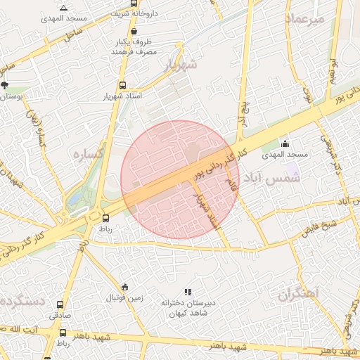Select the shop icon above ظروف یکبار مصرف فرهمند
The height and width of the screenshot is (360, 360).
pos(134,31)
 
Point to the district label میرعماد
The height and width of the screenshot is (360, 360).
pos(304,20)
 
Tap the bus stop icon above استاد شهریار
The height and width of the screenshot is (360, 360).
pos(122,85)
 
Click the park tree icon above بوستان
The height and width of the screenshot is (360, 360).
pos(5,85)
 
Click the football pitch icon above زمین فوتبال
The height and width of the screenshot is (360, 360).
pos(124,287)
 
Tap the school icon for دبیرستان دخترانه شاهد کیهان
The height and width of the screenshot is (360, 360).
pos(187,292)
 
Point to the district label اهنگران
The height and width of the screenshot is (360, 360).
pos(297,293)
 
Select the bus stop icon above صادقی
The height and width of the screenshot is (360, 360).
pos(60,306)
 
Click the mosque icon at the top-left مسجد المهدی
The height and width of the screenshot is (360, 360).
pos(64,8)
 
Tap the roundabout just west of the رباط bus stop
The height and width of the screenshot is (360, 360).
pos(94,217)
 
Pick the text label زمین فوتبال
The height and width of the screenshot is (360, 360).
pos(124,298)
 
